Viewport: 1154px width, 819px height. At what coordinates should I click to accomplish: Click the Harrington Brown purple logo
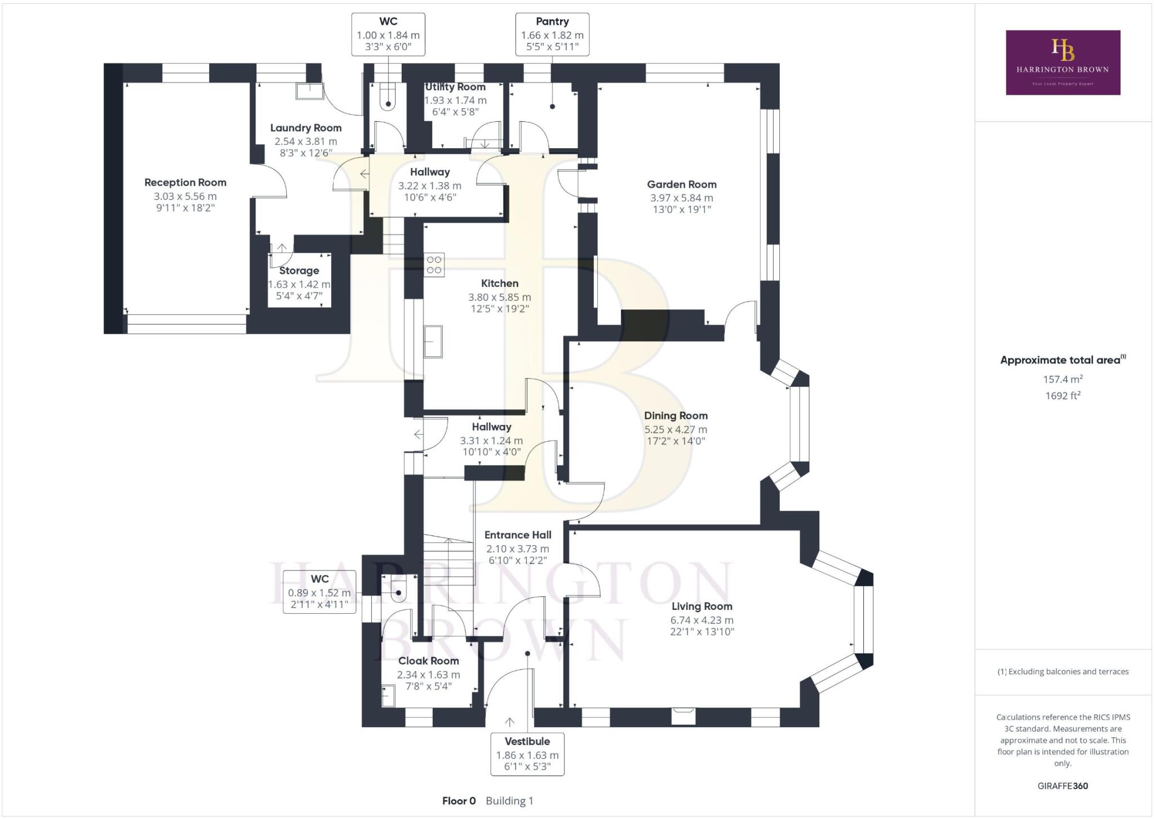click(x=1063, y=62)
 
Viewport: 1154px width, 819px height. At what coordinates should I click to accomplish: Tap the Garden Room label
click(x=681, y=184)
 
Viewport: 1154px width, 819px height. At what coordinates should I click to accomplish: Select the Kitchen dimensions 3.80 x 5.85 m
click(x=499, y=297)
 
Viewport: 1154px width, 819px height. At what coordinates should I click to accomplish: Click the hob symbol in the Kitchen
click(x=434, y=265)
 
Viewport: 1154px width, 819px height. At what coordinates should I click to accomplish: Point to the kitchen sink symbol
click(x=433, y=341)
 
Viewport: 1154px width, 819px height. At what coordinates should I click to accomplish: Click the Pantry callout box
click(x=552, y=34)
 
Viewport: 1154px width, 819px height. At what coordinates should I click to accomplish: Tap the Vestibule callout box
click(x=527, y=754)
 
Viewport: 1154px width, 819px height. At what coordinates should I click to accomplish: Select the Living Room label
click(x=702, y=606)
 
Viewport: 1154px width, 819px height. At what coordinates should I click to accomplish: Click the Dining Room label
click(x=676, y=416)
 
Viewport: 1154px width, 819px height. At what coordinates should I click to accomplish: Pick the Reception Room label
click(x=185, y=183)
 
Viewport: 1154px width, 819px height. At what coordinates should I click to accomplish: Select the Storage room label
click(x=299, y=271)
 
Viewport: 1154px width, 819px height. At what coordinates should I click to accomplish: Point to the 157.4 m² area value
click(x=1062, y=379)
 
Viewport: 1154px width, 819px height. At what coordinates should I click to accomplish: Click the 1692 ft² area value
click(x=1062, y=396)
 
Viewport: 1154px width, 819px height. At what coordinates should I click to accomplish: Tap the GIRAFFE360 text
click(x=1062, y=786)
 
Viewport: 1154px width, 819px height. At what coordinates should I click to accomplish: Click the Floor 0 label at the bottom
click(x=459, y=801)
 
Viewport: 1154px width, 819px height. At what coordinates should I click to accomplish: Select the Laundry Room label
click(x=305, y=128)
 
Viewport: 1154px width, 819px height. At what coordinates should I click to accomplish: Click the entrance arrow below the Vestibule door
click(x=509, y=722)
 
